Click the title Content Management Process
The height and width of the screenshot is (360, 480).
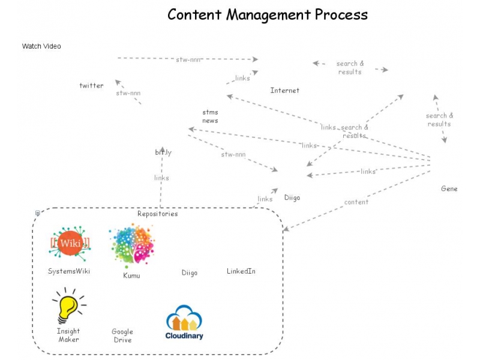[x=268, y=14]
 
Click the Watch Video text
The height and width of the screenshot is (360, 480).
[x=41, y=46]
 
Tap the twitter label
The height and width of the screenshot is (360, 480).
[x=91, y=86]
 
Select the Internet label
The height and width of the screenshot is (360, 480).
[x=284, y=91]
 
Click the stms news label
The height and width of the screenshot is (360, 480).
[x=210, y=116]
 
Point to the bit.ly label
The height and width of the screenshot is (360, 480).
[x=163, y=152]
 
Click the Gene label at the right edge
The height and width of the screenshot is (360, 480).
[x=449, y=188]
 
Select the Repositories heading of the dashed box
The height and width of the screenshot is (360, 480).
[x=157, y=214]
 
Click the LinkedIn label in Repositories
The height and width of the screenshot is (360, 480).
[x=241, y=271]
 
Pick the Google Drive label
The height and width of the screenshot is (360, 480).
[x=122, y=336]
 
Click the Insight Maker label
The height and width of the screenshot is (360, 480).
[x=68, y=335]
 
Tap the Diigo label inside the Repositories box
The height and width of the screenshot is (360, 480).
[x=189, y=272]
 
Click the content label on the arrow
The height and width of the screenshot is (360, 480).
[x=356, y=202]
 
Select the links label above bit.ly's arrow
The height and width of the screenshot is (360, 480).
[x=161, y=178]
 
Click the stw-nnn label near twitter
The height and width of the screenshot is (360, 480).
[x=128, y=94]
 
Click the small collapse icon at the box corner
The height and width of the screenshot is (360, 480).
[x=38, y=213]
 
